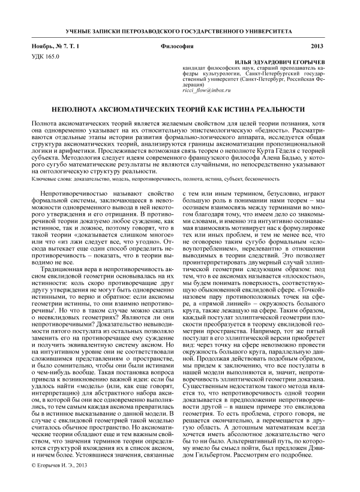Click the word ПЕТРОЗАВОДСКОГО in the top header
(x=155, y=30)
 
